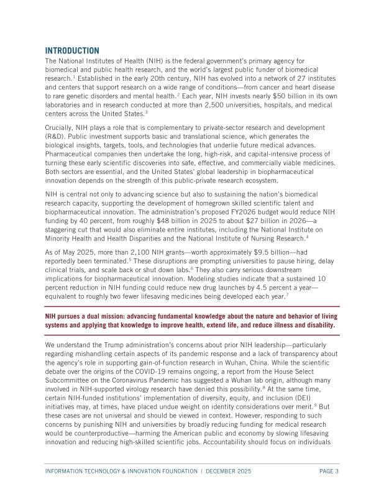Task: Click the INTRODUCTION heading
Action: pos(72,50)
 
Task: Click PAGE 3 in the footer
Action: pos(329,472)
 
